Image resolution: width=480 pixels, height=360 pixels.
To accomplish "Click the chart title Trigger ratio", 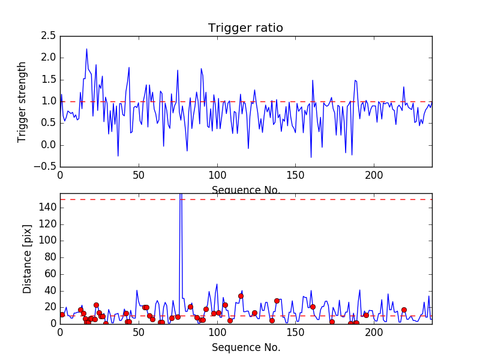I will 245,28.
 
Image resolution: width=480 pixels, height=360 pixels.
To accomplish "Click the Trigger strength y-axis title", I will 22,101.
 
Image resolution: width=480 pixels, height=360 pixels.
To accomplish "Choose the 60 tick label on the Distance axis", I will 50,274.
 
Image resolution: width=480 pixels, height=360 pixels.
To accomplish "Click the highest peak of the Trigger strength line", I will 86,49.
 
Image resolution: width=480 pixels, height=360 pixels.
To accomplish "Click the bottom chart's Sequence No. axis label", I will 245,347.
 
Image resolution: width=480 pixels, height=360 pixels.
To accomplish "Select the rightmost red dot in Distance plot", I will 404,310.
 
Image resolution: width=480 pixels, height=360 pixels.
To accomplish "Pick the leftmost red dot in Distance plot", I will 62,314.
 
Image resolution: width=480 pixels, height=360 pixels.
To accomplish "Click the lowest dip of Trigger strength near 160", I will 311,157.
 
